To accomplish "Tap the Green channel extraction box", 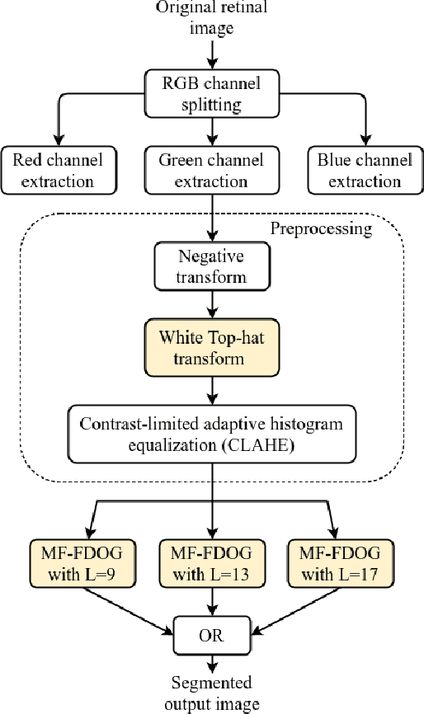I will coord(214,170).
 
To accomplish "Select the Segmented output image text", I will coord(214,692).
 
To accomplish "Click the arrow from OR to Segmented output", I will coord(214,663).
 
